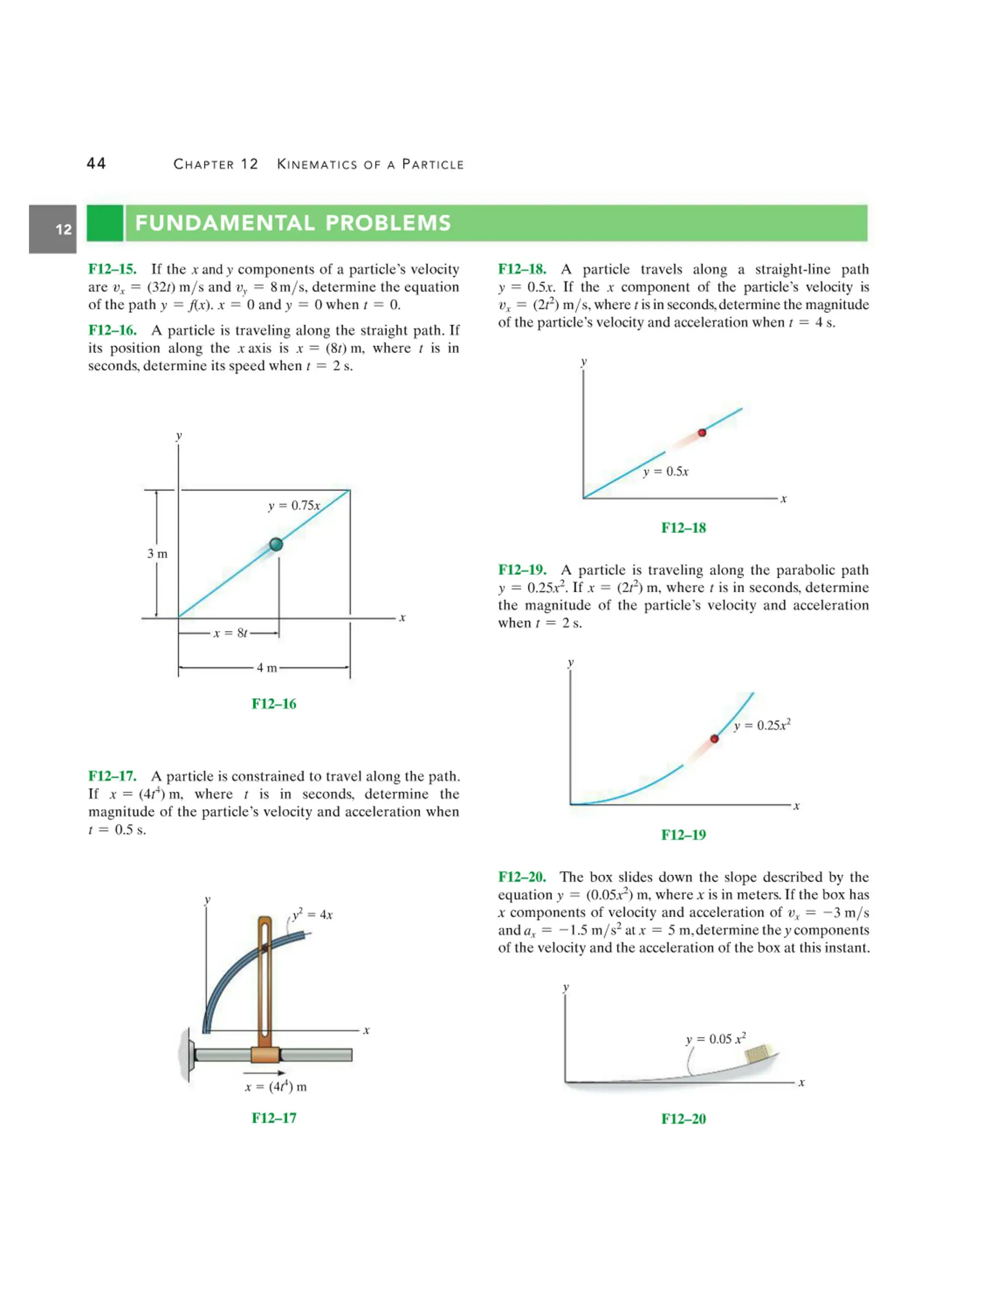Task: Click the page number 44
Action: pyautogui.click(x=96, y=164)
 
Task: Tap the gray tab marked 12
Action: pyautogui.click(x=53, y=230)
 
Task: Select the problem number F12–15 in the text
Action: pyautogui.click(x=112, y=270)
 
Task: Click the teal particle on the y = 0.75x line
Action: pyautogui.click(x=276, y=544)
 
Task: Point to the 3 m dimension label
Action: pyautogui.click(x=158, y=554)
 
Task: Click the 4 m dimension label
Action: pyautogui.click(x=267, y=668)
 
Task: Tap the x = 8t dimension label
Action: pyautogui.click(x=230, y=633)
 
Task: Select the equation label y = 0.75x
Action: pyautogui.click(x=294, y=505)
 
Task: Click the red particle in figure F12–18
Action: pyautogui.click(x=702, y=433)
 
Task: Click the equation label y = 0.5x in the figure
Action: pyautogui.click(x=666, y=472)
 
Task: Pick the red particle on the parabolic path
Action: pyautogui.click(x=714, y=739)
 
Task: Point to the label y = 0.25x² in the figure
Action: pyautogui.click(x=762, y=725)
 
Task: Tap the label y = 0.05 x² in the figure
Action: pyautogui.click(x=716, y=1039)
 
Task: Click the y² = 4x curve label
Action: pyautogui.click(x=313, y=914)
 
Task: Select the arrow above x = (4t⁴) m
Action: pyautogui.click(x=264, y=1073)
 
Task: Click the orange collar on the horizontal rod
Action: pyautogui.click(x=265, y=1055)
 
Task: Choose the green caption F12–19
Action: pyautogui.click(x=684, y=835)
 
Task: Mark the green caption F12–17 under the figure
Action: pyautogui.click(x=274, y=1118)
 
